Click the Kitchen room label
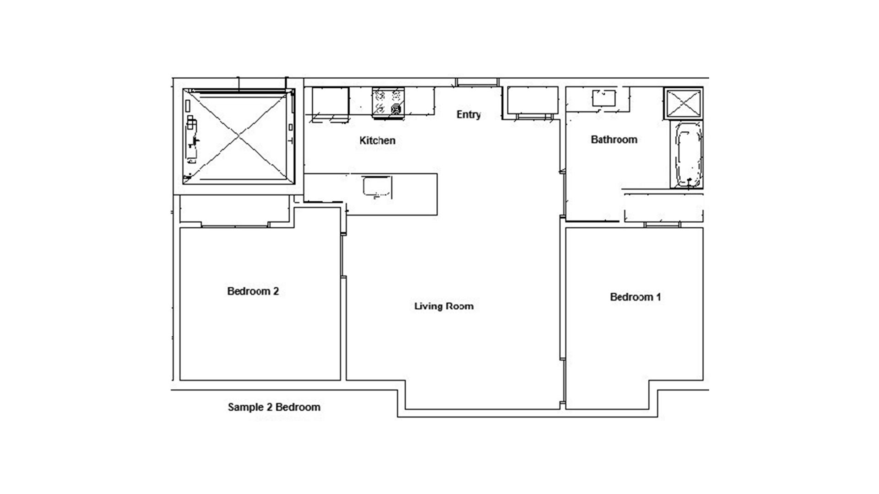pyautogui.click(x=377, y=140)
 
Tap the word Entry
pyautogui.click(x=468, y=114)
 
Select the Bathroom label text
pyautogui.click(x=614, y=140)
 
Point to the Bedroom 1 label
pyautogui.click(x=635, y=297)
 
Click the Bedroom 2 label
pyautogui.click(x=253, y=291)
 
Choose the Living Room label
pyautogui.click(x=444, y=306)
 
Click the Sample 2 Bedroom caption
pyautogui.click(x=274, y=407)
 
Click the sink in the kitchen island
pyautogui.click(x=377, y=188)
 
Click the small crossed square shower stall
pyautogui.click(x=683, y=103)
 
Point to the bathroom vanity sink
pyautogui.click(x=604, y=98)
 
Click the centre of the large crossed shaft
pyautogui.click(x=238, y=137)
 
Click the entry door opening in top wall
pyautogui.click(x=477, y=82)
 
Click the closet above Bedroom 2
pyautogui.click(x=235, y=210)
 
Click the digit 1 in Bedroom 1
pyautogui.click(x=658, y=297)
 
